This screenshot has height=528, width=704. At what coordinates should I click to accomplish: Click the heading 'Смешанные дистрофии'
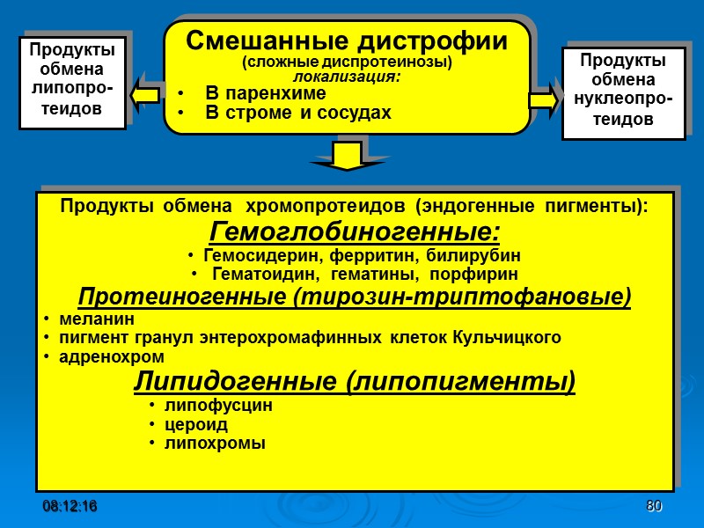pyautogui.click(x=348, y=40)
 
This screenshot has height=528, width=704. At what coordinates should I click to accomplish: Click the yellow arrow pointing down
pyautogui.click(x=348, y=156)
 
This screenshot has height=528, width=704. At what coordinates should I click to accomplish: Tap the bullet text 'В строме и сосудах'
pyautogui.click(x=297, y=113)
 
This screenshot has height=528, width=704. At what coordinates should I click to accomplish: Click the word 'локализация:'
pyautogui.click(x=347, y=77)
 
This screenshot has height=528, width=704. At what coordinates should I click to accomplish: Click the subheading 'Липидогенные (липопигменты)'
pyautogui.click(x=354, y=383)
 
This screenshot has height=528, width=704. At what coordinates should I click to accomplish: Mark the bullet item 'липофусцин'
pyautogui.click(x=217, y=406)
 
